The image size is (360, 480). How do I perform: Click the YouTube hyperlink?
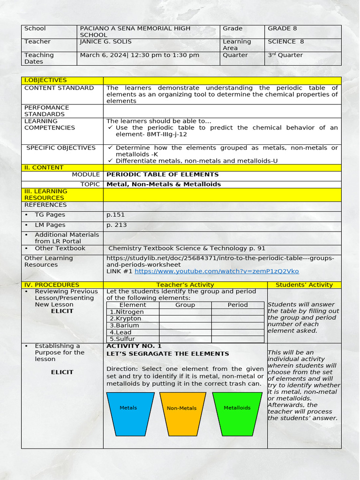[216, 271]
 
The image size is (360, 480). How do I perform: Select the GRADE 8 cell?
[282, 29]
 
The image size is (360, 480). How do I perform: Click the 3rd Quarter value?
[285, 55]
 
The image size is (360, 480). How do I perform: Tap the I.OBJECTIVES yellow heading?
[45, 80]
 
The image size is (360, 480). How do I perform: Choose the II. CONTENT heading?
[44, 167]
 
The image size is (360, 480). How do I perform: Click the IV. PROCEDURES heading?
[52, 285]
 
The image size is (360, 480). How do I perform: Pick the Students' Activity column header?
[304, 285]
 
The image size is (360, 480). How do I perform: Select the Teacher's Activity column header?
[185, 285]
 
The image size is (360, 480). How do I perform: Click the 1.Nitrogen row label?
[127, 312]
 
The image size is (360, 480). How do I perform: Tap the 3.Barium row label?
[124, 325]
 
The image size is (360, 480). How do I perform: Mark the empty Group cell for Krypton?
[185, 318]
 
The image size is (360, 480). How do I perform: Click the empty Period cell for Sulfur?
[238, 339]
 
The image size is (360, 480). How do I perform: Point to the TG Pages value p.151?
[115, 215]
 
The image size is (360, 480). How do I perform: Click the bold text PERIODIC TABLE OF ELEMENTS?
[163, 174]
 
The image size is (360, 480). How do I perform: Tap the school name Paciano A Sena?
[135, 29]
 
